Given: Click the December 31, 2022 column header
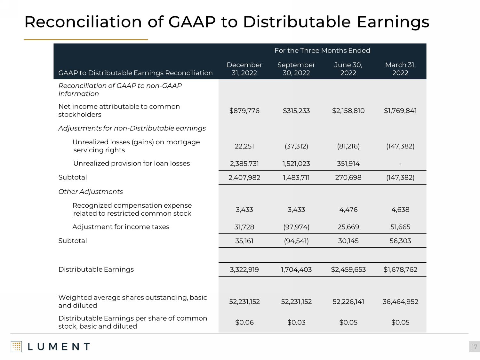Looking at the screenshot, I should [244, 69].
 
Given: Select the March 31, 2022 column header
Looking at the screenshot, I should [400, 69].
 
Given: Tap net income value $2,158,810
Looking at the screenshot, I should [348, 111].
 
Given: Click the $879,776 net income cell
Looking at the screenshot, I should [244, 111].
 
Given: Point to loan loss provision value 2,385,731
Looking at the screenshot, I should [244, 164].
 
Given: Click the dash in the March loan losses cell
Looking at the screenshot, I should [400, 164].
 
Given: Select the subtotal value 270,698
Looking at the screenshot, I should [348, 178].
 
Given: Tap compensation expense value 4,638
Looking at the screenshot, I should [400, 210].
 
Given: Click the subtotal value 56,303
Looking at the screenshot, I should [400, 241].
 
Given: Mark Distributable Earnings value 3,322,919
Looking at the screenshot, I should [244, 269].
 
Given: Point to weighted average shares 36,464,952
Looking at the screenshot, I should [400, 301].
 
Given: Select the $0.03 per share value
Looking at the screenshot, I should [296, 322].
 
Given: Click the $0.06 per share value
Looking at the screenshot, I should [244, 322].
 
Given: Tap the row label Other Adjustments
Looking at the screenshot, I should [91, 192].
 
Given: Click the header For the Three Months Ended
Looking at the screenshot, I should [322, 51].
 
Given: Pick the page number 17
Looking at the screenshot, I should [474, 347].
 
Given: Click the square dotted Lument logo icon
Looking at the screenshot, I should [16, 347].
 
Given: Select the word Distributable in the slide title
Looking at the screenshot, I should [297, 22].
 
